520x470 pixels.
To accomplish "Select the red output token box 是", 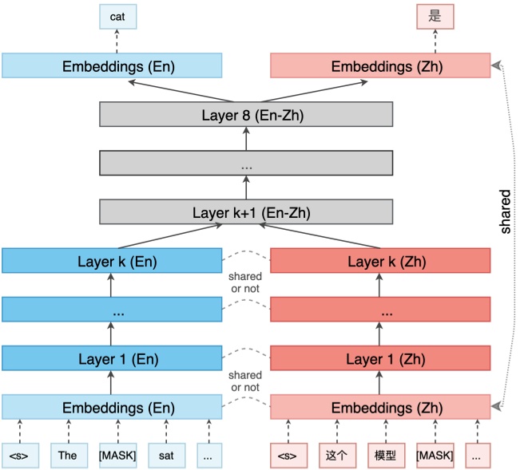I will click(435, 17).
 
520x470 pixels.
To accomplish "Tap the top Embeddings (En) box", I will click(111, 65).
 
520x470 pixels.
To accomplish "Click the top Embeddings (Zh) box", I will click(380, 65).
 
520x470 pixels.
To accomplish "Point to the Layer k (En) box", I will click(111, 260).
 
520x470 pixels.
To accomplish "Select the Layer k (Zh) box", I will click(380, 260).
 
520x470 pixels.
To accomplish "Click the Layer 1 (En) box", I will click(111, 358).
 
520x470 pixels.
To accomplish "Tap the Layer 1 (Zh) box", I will click(380, 358).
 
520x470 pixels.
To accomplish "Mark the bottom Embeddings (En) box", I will click(111, 407).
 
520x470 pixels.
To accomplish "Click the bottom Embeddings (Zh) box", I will click(380, 407).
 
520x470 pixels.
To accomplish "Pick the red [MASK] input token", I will click(435, 455).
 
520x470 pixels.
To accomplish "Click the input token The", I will click(67, 455).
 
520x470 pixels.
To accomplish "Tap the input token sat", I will click(165, 455).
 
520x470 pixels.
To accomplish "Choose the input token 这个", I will click(335, 455).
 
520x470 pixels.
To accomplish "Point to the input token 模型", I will click(385, 455).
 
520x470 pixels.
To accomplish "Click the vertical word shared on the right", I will click(505, 211).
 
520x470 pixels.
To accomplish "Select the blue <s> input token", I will click(19, 455).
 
